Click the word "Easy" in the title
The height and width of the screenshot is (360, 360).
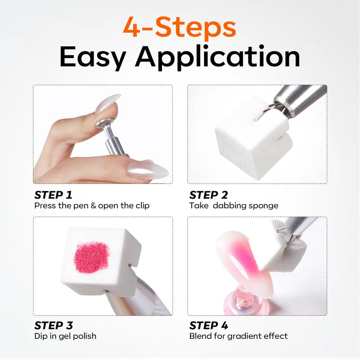coord(93,57)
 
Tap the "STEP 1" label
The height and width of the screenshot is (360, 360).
coord(53,195)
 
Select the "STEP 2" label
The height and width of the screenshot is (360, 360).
coord(208,195)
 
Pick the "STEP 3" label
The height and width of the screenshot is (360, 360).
coord(54,325)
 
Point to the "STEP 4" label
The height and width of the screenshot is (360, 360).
coord(208,325)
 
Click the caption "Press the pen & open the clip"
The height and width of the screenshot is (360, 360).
coord(92,206)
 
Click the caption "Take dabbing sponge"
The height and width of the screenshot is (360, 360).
coord(234,206)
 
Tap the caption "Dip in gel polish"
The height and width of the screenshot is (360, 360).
coord(65,336)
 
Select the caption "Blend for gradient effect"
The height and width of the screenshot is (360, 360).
coord(238,336)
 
